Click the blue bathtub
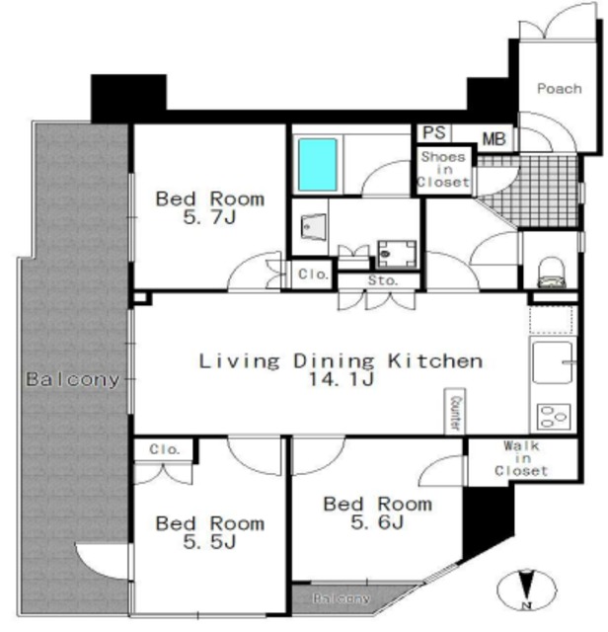pyautogui.click(x=318, y=165)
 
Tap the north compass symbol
pyautogui.click(x=527, y=590)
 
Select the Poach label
pyautogui.click(x=560, y=88)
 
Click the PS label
pyautogui.click(x=434, y=132)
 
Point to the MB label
pyautogui.click(x=494, y=139)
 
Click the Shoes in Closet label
pyautogui.click(x=443, y=169)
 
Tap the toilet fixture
pyautogui.click(x=552, y=273)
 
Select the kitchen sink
pyautogui.click(x=553, y=362)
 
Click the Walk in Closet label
pyautogui.click(x=521, y=458)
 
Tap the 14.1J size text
pyautogui.click(x=342, y=379)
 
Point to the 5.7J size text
pyautogui.click(x=209, y=217)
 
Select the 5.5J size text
pyautogui.click(x=209, y=542)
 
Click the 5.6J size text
pyautogui.click(x=377, y=522)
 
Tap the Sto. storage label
pyautogui.click(x=383, y=279)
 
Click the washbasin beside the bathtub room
pyautogui.click(x=313, y=227)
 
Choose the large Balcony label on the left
pyautogui.click(x=73, y=379)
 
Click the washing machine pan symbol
pyautogui.click(x=397, y=254)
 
